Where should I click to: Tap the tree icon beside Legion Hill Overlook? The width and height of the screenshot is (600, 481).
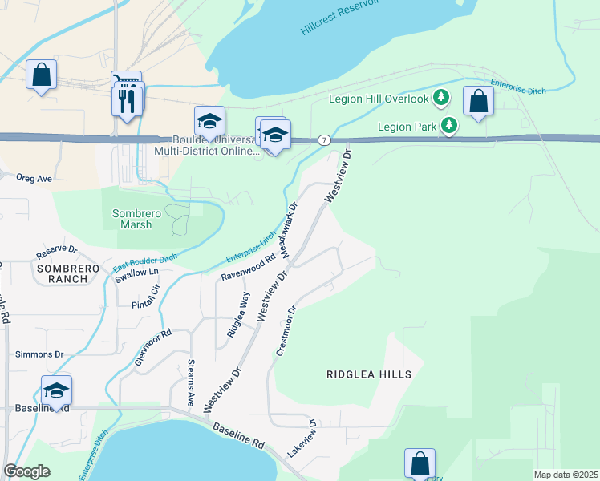pyautogui.click(x=440, y=98)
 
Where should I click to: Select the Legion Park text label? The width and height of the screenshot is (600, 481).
pyautogui.click(x=407, y=125)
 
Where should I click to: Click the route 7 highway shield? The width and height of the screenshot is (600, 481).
pyautogui.click(x=323, y=139)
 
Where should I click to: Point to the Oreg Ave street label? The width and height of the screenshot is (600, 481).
pyautogui.click(x=34, y=178)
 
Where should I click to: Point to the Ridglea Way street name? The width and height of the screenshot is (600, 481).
pyautogui.click(x=237, y=314)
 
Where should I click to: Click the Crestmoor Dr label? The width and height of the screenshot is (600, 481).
pyautogui.click(x=287, y=330)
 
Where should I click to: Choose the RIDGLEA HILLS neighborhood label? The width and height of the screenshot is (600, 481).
pyautogui.click(x=369, y=374)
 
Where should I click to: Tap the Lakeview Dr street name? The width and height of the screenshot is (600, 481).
pyautogui.click(x=303, y=439)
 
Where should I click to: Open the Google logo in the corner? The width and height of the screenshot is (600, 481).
pyautogui.click(x=26, y=471)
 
